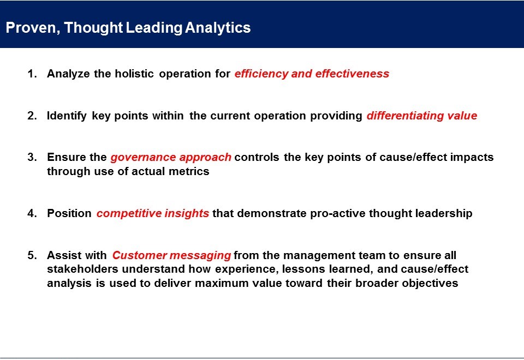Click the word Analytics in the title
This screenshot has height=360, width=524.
pos(218,28)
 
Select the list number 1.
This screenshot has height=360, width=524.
pos(32,74)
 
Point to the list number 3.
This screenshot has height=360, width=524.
pos(32,157)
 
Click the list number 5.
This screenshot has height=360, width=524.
pos(32,255)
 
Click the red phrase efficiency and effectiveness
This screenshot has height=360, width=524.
pos(312,74)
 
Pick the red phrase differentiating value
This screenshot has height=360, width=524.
pos(422,116)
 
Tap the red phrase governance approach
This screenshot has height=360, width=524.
pos(171,158)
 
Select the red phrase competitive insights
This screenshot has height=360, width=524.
pos(153,213)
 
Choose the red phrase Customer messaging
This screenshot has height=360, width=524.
pos(171,256)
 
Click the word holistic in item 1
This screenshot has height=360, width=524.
pos(134,74)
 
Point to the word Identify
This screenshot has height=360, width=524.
pos(67,116)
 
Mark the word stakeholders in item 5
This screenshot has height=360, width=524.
pos(82,269)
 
